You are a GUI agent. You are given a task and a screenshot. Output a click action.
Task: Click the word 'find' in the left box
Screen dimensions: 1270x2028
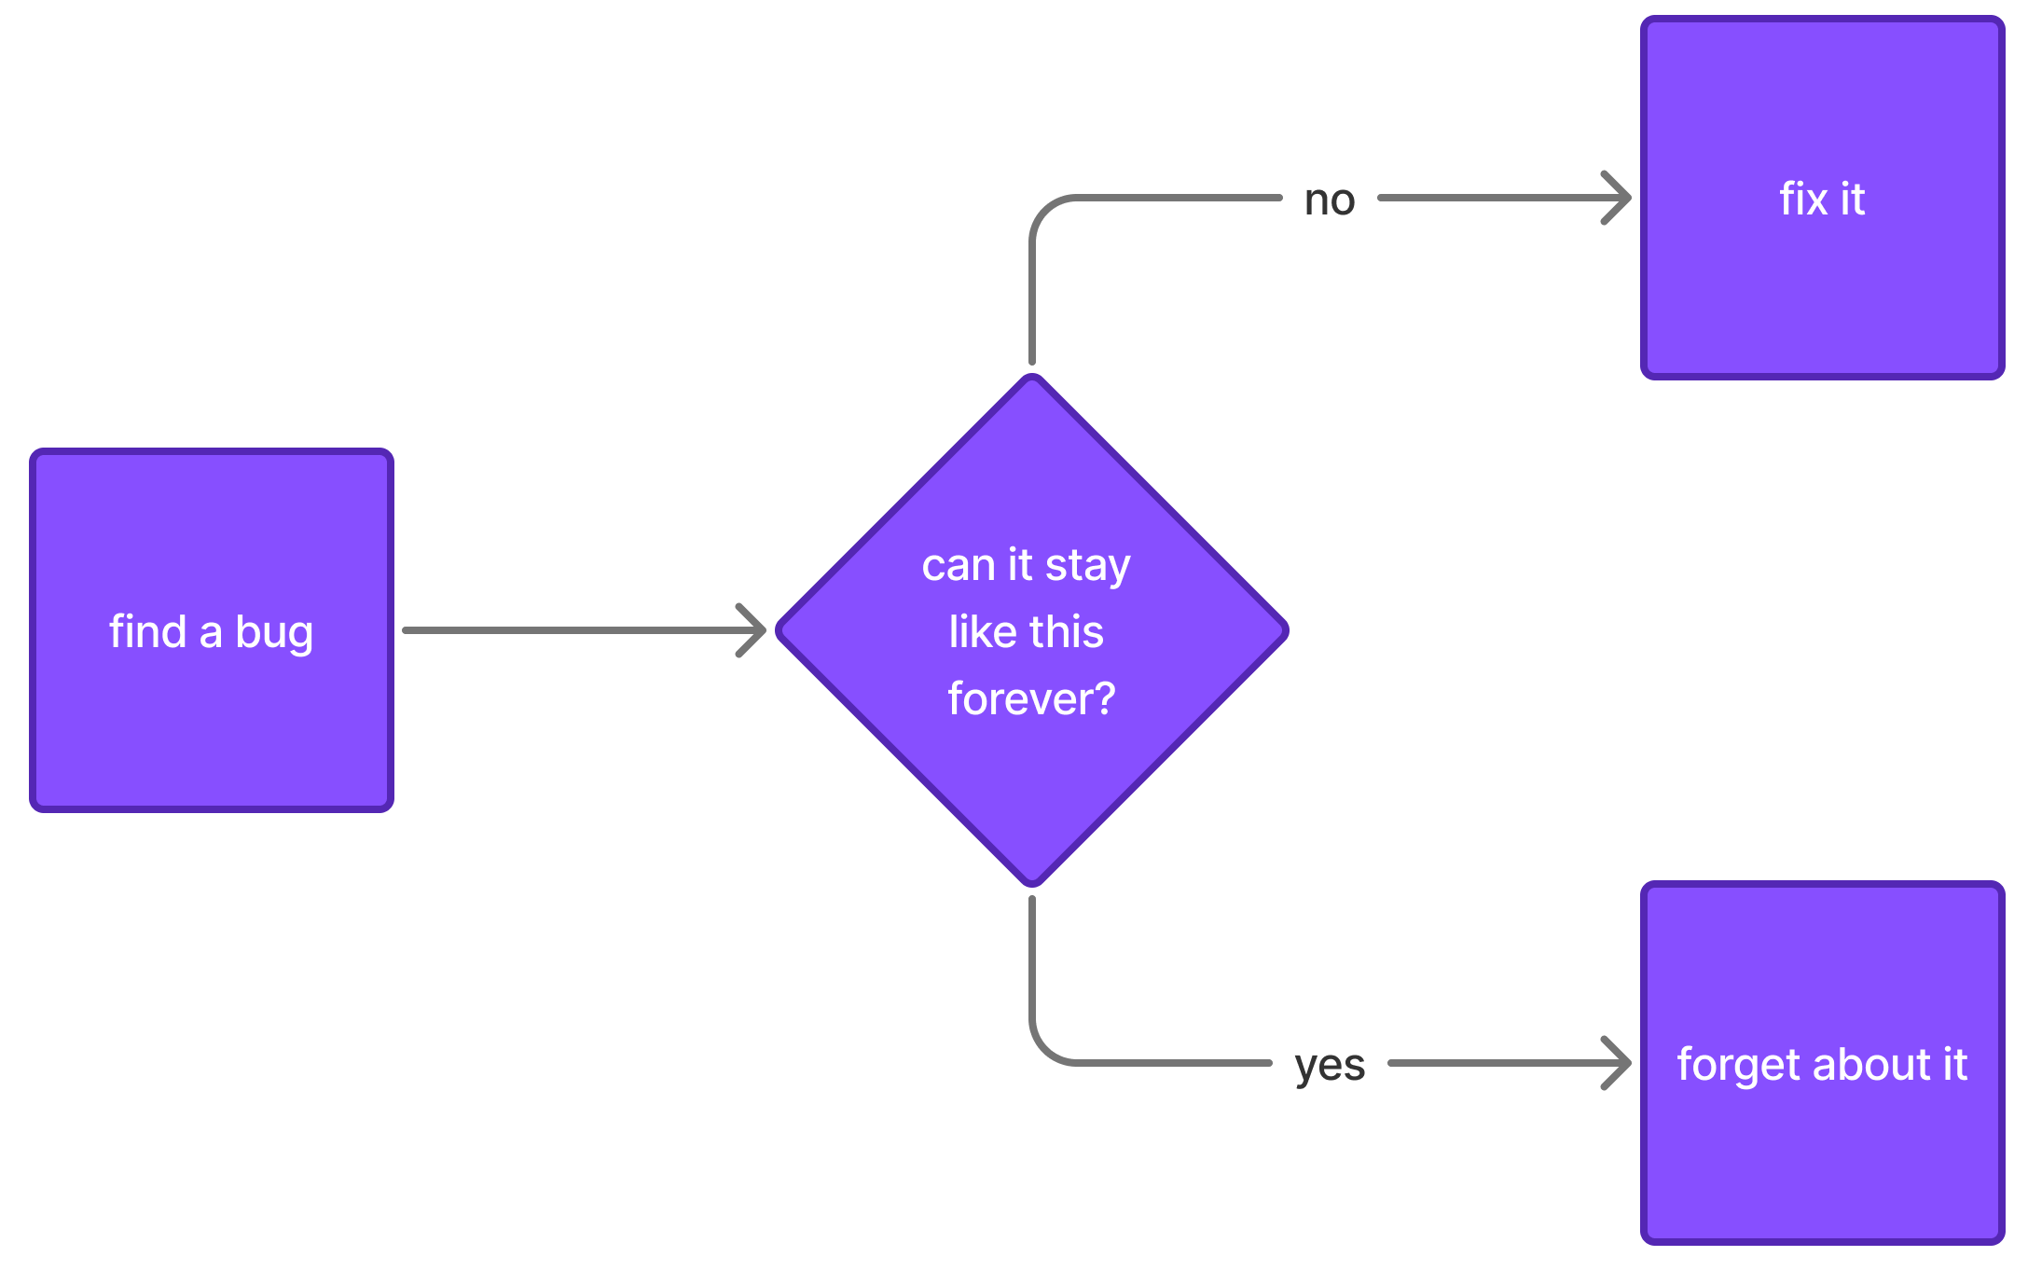coord(147,631)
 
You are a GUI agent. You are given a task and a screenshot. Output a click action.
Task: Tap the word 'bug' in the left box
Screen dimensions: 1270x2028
coord(274,634)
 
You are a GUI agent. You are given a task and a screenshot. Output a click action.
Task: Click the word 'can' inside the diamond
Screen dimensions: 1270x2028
coord(959,566)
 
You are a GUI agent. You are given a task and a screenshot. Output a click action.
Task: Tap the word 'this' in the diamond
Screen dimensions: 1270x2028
coord(1066,631)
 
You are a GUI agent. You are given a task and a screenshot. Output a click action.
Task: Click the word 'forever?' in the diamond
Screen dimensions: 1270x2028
coord(1031,698)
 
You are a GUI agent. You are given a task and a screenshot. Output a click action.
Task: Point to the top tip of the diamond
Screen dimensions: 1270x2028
coord(1032,379)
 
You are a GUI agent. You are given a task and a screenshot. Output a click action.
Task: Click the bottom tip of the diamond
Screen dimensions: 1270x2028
coord(1032,882)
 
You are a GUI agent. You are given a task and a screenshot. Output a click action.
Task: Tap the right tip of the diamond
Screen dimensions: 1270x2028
coord(1284,630)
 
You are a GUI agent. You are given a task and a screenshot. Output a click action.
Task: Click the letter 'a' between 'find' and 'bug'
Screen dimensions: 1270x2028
coord(211,633)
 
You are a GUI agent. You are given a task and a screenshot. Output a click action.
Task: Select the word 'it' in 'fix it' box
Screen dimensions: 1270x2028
coord(1852,199)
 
